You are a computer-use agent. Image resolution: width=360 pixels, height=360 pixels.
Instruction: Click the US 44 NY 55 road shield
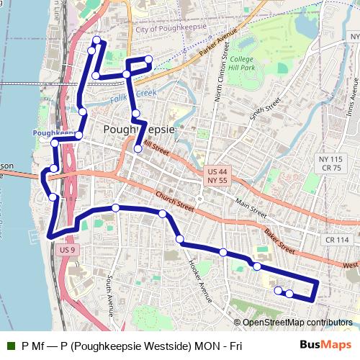point(217,177)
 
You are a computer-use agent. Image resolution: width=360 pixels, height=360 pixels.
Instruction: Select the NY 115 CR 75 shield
point(331,163)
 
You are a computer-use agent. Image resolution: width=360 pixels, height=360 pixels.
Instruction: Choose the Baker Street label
point(279,241)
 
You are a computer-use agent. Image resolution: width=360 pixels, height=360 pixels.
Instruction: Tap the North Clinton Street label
point(223,79)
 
